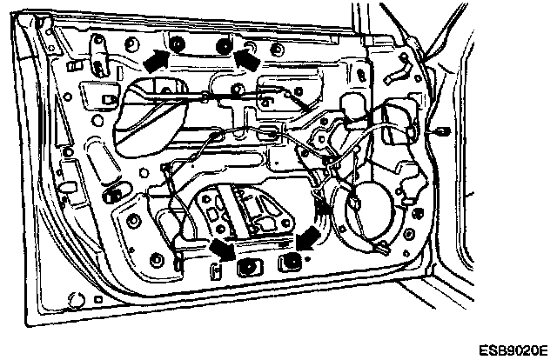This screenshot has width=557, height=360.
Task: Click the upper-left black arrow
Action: [154, 59]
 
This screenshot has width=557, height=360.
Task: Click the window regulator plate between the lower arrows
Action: [252, 213]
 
